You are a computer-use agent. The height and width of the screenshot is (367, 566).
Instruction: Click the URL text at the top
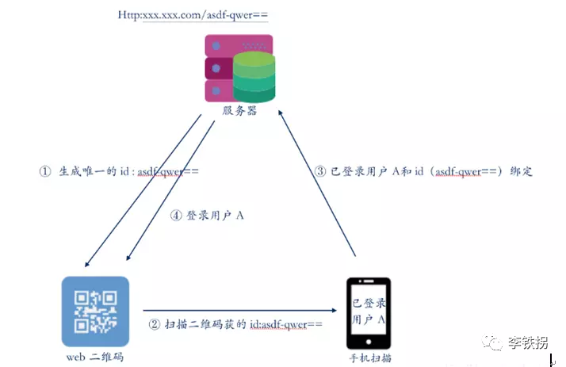click(193, 15)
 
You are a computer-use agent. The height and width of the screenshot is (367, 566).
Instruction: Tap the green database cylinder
click(254, 77)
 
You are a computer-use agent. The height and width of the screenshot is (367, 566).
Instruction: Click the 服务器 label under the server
click(239, 110)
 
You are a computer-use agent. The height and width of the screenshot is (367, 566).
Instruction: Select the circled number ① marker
click(44, 171)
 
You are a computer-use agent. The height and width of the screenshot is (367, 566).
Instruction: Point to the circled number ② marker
click(154, 324)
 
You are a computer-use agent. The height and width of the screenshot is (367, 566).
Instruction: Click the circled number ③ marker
click(320, 171)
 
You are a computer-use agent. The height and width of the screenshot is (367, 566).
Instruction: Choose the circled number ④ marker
click(176, 216)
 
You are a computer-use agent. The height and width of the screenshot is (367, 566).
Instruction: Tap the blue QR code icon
click(95, 312)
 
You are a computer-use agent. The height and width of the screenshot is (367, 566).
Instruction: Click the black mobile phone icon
click(369, 313)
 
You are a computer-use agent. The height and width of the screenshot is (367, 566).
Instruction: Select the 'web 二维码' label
click(95, 357)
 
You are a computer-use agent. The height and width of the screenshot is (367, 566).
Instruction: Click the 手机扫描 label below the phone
click(370, 358)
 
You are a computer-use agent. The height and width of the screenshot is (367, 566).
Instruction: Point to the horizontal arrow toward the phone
click(239, 310)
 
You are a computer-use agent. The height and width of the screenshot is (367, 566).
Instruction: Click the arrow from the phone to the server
click(316, 183)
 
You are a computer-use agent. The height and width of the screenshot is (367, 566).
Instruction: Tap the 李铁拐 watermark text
click(528, 342)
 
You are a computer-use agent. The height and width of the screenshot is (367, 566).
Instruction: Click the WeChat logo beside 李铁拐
click(492, 342)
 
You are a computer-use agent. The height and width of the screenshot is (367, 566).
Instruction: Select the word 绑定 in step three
click(522, 171)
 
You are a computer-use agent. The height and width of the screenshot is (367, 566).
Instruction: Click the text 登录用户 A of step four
click(215, 216)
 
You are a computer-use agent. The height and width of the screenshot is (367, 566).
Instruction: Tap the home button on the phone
click(369, 342)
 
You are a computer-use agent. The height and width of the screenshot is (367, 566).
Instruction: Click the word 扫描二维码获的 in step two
click(206, 324)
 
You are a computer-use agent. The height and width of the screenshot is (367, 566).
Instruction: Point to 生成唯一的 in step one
click(88, 171)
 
